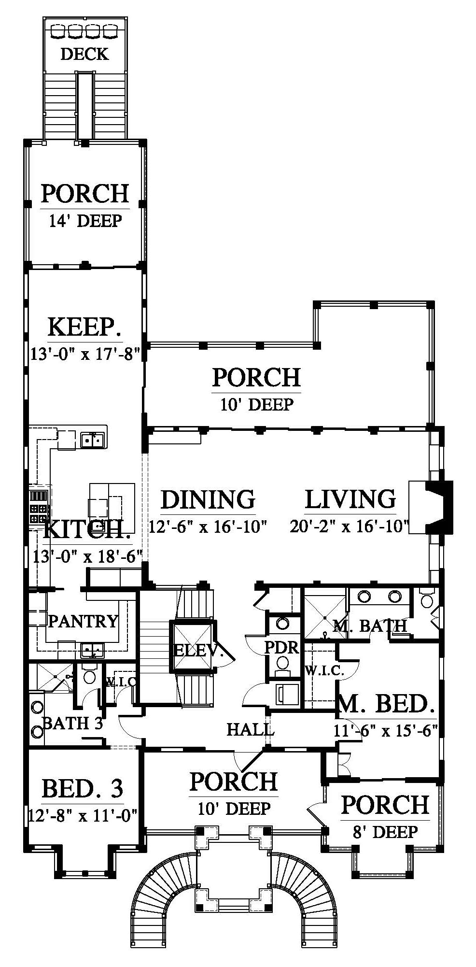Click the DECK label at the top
coord(84,54)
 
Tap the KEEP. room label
coord(84,327)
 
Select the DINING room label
coord(208,499)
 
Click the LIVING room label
coord(350,499)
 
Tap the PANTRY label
coord(83,621)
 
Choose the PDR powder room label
coord(282,647)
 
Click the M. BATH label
coord(370,626)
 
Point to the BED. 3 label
coord(83,789)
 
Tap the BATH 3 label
coord(72,723)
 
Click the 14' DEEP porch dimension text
coord(85,221)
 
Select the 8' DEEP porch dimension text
coord(385,832)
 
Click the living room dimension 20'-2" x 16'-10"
coord(350,526)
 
